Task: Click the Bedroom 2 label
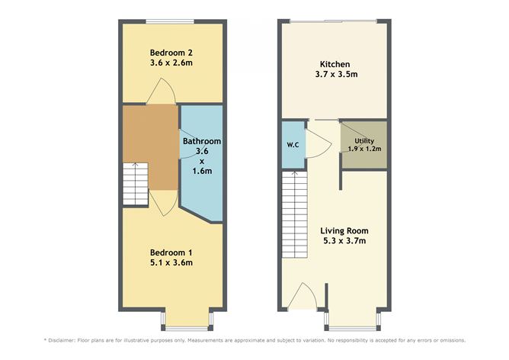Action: pyautogui.click(x=171, y=51)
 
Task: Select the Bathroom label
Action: pyautogui.click(x=201, y=141)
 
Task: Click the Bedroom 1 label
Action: pyautogui.click(x=171, y=252)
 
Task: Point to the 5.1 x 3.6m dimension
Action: pyautogui.click(x=171, y=263)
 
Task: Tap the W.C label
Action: pyautogui.click(x=292, y=145)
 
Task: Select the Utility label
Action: pyautogui.click(x=363, y=140)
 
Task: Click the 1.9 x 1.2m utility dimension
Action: pyautogui.click(x=363, y=149)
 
